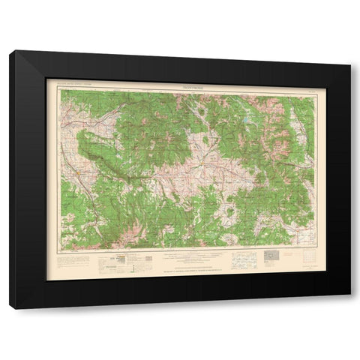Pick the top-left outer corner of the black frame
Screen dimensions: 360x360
point(10,50)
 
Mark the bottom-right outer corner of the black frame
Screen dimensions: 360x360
point(349,309)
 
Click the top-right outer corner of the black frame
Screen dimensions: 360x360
point(349,50)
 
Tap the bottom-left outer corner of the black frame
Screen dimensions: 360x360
point(10,309)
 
